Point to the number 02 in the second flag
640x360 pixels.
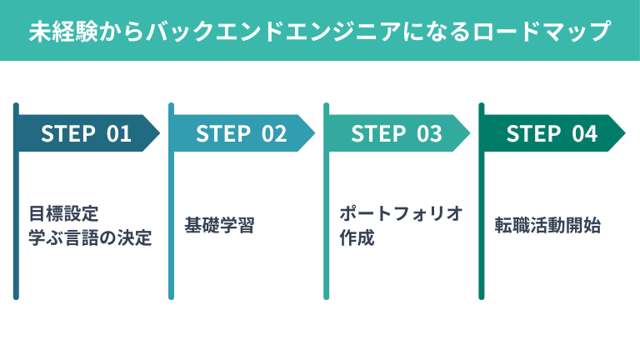coord(275,134)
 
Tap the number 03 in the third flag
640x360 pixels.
coord(430,134)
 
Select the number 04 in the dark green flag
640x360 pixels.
coord(585,134)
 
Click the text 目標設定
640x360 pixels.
coord(64,213)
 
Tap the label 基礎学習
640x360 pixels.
coord(219,226)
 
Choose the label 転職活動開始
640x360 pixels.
coord(547,226)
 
